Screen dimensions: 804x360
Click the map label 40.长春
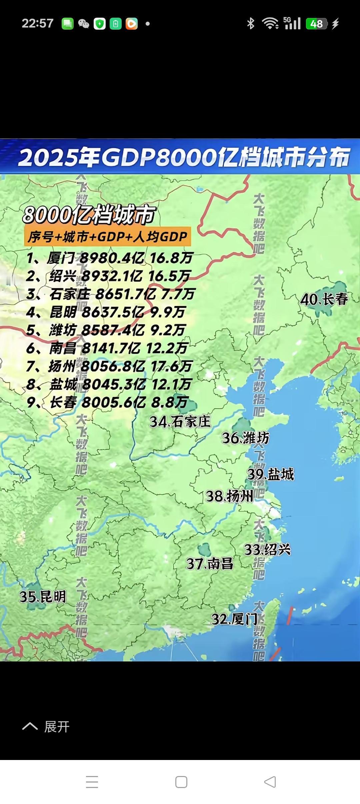pos(324,299)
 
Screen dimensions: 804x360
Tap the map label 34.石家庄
pos(180,422)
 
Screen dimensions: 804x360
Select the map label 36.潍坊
pos(245,438)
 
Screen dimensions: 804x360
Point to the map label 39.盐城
pos(271,474)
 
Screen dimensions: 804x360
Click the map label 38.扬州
pos(230,496)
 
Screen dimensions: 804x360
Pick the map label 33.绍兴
pos(267,549)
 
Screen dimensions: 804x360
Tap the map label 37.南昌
pos(210,564)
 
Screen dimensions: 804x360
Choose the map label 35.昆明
pos(43,596)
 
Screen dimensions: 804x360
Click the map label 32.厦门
pos(234,619)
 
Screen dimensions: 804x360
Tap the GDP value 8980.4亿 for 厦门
pos(112,258)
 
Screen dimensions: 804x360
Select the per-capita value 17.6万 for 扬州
pos(171,366)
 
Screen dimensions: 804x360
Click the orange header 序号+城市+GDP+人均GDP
pos(107,237)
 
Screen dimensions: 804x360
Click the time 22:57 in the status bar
pos(37,24)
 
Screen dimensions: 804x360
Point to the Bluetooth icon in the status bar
pos(251,24)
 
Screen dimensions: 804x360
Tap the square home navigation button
pos(181,782)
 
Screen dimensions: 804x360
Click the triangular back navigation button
pos(270,782)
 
